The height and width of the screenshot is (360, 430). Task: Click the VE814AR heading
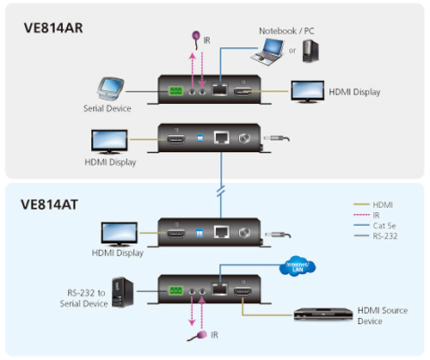point(53,28)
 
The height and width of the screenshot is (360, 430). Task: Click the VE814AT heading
point(49,204)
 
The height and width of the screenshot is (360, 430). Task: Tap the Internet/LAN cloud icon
point(298,266)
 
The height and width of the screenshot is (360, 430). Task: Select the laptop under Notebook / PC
point(267,52)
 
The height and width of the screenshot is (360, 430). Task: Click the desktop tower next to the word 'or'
point(310,51)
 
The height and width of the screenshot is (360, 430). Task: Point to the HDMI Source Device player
point(323,314)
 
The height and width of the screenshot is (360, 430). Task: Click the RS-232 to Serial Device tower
point(123,292)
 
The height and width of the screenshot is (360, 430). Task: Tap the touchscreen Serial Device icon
point(110,88)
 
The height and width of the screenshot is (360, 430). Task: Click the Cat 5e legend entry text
point(384,226)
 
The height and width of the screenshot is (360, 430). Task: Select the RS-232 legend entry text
point(385,236)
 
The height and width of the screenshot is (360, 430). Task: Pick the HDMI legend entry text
point(383,204)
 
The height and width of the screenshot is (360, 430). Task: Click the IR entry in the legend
point(376,215)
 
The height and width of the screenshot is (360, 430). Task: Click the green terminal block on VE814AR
point(175,91)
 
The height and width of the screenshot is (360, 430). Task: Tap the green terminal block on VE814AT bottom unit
point(175,291)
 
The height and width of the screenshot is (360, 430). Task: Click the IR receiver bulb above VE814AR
point(196,36)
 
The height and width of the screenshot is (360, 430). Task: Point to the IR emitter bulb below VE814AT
point(201,334)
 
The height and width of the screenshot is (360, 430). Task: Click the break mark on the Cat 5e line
point(221,191)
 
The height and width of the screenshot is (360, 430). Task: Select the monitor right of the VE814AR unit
point(307,92)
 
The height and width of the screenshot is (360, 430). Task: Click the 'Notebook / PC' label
point(286,31)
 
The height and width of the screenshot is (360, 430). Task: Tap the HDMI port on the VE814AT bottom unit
point(243,292)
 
